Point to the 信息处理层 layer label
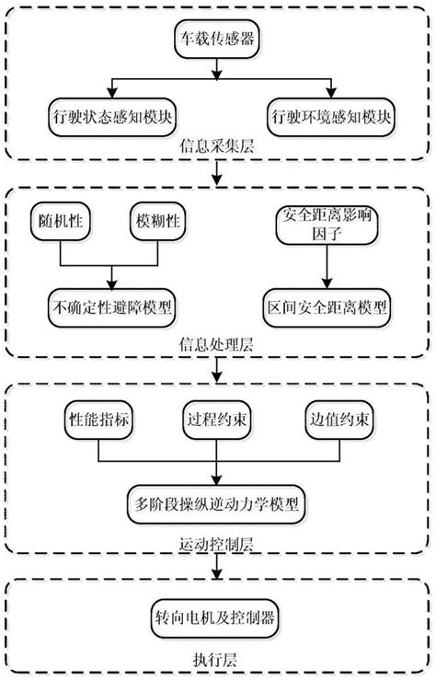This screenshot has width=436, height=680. click(216, 346)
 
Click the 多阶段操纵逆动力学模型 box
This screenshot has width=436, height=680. click(217, 503)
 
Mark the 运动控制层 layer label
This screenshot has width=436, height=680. click(217, 544)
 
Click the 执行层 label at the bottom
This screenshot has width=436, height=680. click(217, 658)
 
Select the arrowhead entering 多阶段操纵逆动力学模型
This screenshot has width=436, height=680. click(217, 484)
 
